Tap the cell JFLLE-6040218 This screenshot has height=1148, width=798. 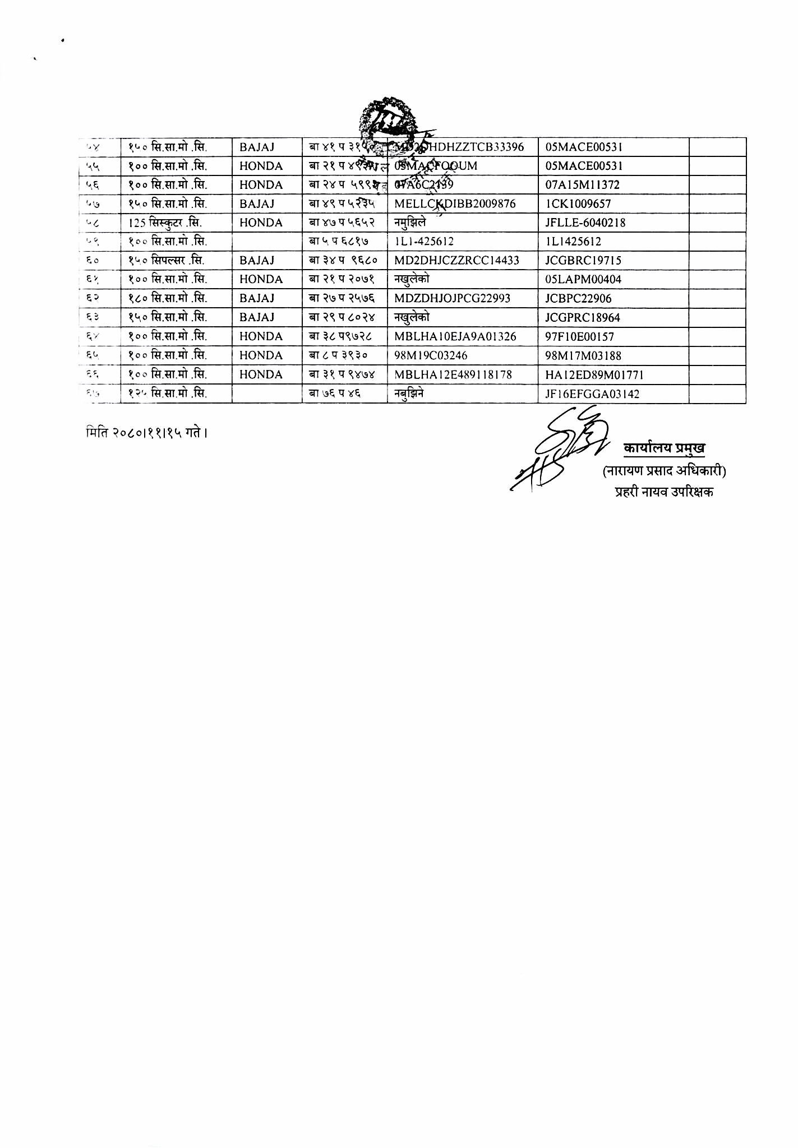point(585,223)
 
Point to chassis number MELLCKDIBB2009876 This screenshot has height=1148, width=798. point(455,204)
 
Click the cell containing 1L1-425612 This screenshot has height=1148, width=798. point(424,242)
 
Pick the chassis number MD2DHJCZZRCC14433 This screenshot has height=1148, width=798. point(456,261)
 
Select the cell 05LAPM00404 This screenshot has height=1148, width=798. point(583,280)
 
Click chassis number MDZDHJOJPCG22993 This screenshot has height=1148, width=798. point(452,299)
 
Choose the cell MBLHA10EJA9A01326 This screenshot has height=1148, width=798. point(455,337)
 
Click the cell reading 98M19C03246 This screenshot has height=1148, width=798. point(431,356)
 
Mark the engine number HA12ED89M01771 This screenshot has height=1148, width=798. point(594,375)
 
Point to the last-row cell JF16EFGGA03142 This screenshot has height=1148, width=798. point(592,394)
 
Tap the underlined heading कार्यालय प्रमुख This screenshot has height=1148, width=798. point(664,448)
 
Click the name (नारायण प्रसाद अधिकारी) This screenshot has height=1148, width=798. point(664,471)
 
